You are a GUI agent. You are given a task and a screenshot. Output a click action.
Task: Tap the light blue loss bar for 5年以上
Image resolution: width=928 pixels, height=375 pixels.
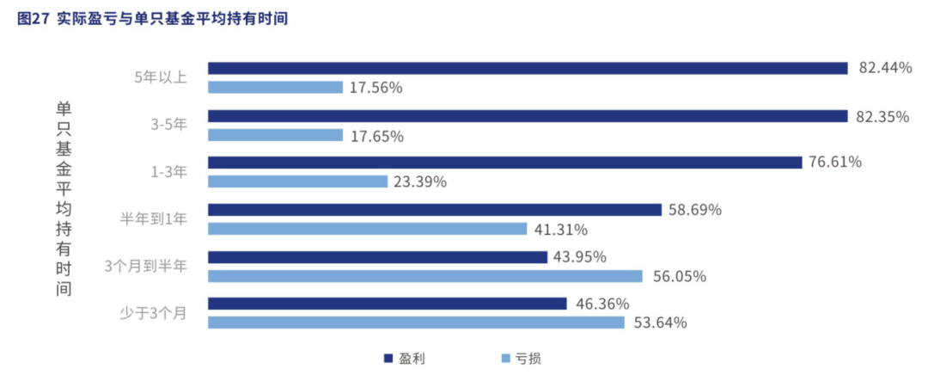coord(275,87)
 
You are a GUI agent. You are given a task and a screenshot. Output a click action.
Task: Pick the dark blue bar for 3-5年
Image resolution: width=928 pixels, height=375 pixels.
coord(527,115)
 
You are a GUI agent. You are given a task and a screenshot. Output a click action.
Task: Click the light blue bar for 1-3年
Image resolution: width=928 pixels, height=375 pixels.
coord(297,181)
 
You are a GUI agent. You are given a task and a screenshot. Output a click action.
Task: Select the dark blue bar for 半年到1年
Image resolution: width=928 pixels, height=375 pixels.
coord(435,210)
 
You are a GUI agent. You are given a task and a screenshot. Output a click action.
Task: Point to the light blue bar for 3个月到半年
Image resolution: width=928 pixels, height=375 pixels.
coord(425,276)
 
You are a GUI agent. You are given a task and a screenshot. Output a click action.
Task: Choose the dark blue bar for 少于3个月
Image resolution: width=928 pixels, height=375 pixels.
coord(388,304)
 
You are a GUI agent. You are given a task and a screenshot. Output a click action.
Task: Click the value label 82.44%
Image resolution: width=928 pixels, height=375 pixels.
coord(885,68)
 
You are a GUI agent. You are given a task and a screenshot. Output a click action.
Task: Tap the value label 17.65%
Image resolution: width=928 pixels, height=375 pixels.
coord(376,135)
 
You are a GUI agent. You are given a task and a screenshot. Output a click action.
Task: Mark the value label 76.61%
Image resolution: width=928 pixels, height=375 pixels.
coord(835,163)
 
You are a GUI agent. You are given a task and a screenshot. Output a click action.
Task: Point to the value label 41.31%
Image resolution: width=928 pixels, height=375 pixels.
coord(560,230)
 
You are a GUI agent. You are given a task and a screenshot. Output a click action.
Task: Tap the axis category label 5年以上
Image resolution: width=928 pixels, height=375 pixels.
coord(160,77)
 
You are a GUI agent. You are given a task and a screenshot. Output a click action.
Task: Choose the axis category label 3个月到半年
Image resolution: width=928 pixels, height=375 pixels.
coord(144,267)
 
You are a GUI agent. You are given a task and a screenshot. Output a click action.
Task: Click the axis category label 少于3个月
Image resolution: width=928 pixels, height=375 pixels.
coord(152,313)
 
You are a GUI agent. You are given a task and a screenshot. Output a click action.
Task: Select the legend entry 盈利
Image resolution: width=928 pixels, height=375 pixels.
coord(405,358)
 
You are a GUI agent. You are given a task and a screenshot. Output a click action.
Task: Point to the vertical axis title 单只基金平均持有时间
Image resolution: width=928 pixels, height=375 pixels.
coord(64,198)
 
